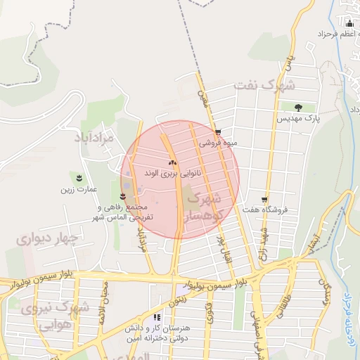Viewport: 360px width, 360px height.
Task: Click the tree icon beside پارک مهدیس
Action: tap(299, 108)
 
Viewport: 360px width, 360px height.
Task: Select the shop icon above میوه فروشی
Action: tap(218, 131)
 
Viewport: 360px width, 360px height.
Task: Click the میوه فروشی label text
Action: tap(219, 142)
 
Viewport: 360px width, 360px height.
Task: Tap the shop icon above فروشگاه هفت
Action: tap(264, 200)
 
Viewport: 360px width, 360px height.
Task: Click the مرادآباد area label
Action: tap(94, 137)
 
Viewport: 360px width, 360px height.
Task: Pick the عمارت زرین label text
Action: tap(77, 188)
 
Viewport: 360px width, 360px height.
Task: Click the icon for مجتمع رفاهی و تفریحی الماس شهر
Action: tap(124, 196)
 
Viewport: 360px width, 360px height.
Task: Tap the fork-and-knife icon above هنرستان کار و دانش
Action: tap(167, 318)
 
